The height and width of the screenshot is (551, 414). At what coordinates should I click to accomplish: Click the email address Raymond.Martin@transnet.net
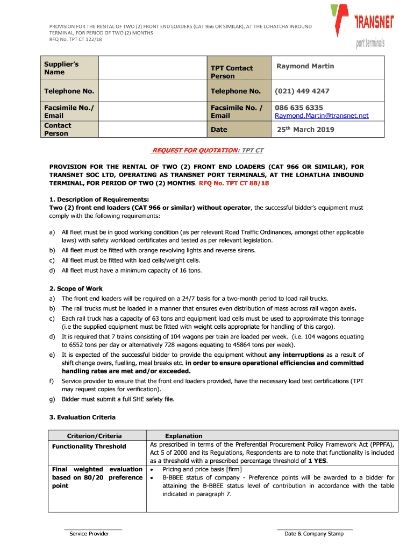click(322, 116)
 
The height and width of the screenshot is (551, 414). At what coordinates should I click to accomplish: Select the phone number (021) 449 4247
click(302, 91)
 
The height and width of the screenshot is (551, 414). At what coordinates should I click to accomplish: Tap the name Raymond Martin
click(305, 66)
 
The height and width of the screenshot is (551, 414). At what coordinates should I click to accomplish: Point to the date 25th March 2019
click(305, 129)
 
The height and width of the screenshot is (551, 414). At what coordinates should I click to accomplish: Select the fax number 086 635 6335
click(299, 108)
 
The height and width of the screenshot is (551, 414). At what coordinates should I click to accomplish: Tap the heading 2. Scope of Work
click(76, 288)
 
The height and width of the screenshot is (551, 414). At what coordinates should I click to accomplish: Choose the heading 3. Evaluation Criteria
click(82, 417)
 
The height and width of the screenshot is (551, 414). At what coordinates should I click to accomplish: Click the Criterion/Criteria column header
click(94, 436)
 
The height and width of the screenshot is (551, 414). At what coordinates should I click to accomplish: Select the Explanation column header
click(184, 436)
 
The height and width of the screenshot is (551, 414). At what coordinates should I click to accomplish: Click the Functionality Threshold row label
click(89, 447)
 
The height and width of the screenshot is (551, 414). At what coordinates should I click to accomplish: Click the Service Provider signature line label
click(89, 534)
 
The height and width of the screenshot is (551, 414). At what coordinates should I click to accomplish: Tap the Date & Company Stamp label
click(314, 534)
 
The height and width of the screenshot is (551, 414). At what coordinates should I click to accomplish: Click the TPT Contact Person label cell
click(231, 72)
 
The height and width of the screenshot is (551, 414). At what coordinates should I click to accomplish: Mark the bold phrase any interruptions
click(296, 355)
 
